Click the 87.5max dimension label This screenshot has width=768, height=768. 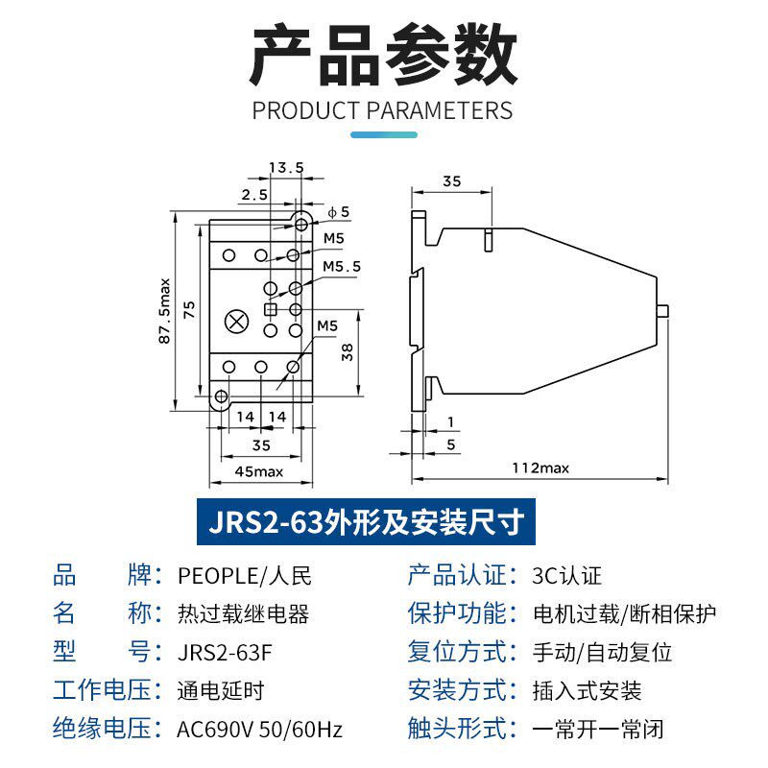tap(164, 310)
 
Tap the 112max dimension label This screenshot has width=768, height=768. tap(540, 468)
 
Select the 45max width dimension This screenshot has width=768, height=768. tap(259, 470)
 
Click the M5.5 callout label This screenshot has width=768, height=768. tap(341, 266)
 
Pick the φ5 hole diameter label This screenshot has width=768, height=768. tap(339, 211)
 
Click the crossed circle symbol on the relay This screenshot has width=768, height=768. tap(233, 322)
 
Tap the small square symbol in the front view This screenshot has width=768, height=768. tap(271, 309)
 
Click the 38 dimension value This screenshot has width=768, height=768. tap(347, 351)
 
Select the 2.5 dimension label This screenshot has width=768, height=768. tap(254, 194)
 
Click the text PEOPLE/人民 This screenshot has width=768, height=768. tap(244, 576)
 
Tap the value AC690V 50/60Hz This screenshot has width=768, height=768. tap(259, 730)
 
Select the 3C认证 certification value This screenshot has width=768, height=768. tap(566, 576)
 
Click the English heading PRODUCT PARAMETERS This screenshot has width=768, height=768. tap(382, 109)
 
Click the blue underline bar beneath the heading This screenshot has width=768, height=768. tap(383, 134)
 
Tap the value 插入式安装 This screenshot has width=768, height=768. tap(587, 691)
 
